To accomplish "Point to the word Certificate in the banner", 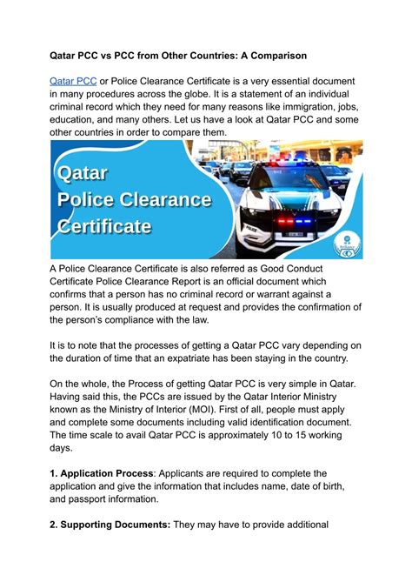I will click(x=104, y=228).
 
